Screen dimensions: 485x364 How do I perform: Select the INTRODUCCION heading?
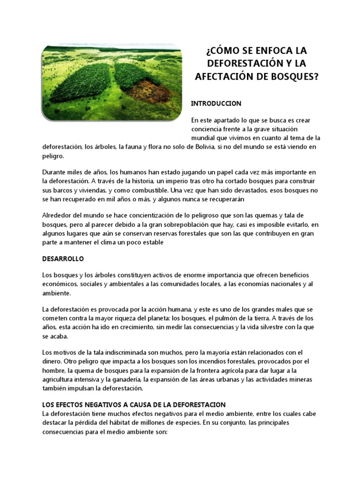click(216, 103)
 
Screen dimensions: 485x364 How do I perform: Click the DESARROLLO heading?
click(63, 259)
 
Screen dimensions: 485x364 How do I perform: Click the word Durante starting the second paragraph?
click(55, 172)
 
